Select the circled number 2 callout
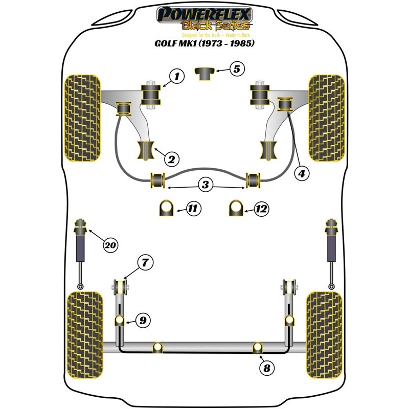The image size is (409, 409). pyautogui.click(x=171, y=159)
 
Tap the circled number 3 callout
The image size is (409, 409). pyautogui.click(x=205, y=185)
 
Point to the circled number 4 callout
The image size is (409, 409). pyautogui.click(x=302, y=174)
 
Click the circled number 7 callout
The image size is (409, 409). pyautogui.click(x=145, y=263)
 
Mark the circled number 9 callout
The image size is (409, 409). pyautogui.click(x=143, y=321)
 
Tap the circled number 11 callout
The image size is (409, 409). pyautogui.click(x=194, y=208)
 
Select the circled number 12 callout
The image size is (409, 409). pyautogui.click(x=261, y=208)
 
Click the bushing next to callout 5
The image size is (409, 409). pyautogui.click(x=205, y=73)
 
